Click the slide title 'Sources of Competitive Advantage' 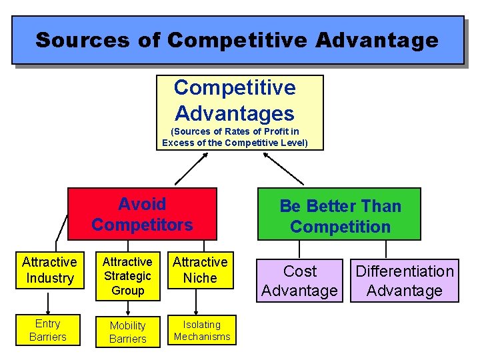point(237,40)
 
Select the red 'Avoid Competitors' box point(142,214)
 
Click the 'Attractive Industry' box point(49,270)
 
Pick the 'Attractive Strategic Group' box point(127,276)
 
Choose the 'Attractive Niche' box point(200,270)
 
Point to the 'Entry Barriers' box point(48,330)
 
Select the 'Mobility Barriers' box point(127,331)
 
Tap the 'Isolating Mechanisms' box point(202,330)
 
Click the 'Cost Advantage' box point(300,281)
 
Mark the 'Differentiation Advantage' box point(404,281)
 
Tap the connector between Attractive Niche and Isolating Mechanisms point(197,301)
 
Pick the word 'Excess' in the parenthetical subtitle point(178,143)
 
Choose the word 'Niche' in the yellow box point(200,278)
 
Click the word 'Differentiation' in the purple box point(404,271)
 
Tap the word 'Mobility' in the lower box point(127,325)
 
